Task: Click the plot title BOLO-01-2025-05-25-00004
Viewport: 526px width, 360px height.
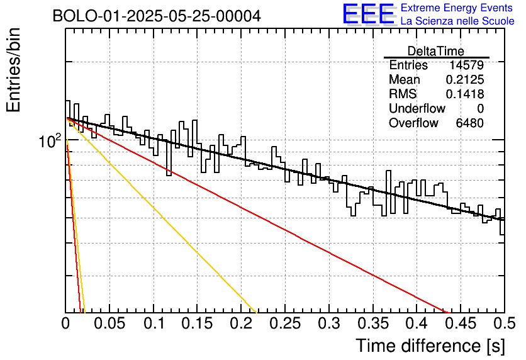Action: (157, 16)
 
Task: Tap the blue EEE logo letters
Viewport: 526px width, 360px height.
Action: (368, 14)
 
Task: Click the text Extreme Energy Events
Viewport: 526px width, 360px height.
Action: (457, 8)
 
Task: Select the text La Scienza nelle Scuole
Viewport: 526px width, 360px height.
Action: (457, 21)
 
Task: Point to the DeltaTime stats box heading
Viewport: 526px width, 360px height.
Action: (436, 51)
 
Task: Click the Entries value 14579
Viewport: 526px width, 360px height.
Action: (466, 65)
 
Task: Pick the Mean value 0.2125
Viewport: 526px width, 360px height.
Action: (464, 79)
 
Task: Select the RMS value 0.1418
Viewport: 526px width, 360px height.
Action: (464, 94)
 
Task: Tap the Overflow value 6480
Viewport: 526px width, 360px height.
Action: (469, 123)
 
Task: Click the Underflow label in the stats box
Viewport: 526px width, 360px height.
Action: (417, 108)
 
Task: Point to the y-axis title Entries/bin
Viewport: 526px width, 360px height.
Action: (14, 70)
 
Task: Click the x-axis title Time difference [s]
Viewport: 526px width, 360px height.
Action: (430, 346)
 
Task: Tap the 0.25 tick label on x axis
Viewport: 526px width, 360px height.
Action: (285, 323)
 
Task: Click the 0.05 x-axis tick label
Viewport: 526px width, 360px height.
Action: (109, 323)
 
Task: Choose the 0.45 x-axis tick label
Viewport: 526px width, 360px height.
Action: (461, 323)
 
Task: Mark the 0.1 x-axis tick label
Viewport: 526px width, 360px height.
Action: (154, 323)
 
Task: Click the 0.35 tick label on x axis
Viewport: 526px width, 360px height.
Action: (372, 323)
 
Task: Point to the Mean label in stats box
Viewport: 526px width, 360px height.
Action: (404, 79)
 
